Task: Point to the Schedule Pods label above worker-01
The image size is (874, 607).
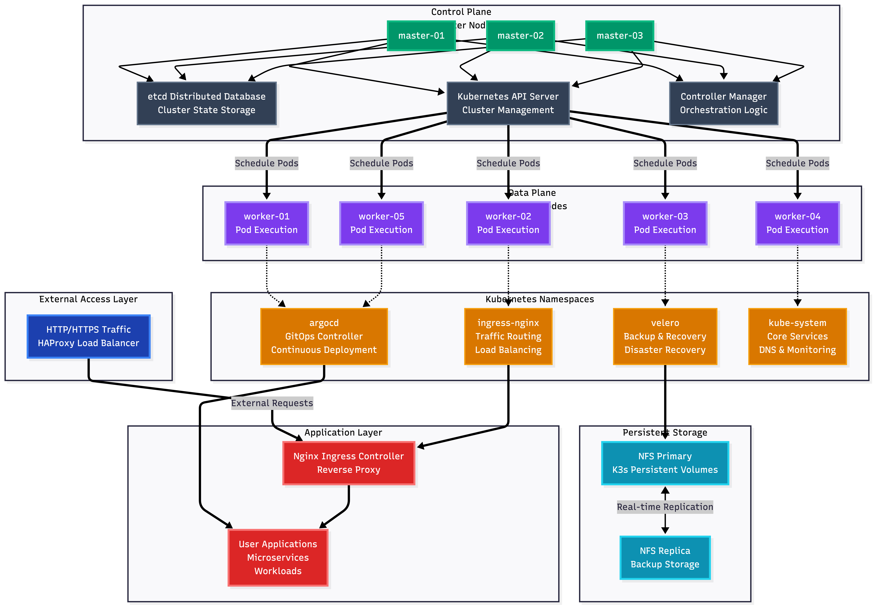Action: pos(266,163)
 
